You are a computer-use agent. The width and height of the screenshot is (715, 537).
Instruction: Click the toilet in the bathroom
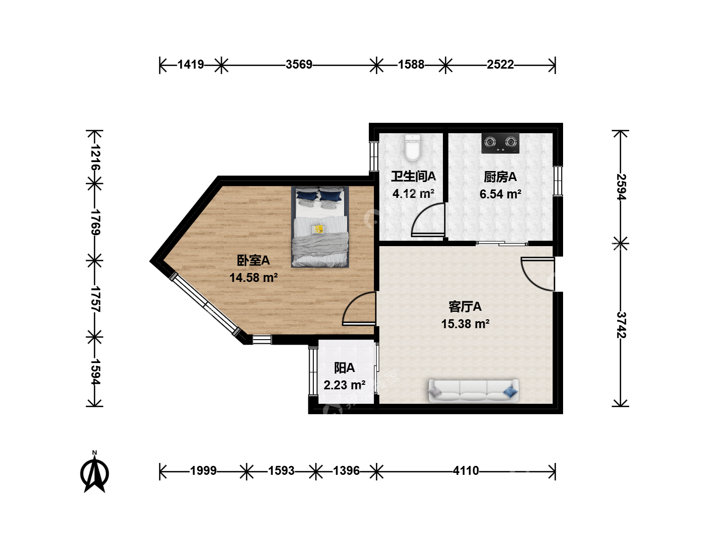point(413,148)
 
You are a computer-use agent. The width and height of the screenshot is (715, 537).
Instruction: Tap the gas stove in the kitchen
point(500,143)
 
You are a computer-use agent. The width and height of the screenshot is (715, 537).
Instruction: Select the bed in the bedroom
point(320,227)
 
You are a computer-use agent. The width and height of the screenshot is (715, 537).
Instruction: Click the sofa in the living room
point(473,390)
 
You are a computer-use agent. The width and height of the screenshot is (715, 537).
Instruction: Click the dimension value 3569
point(299,65)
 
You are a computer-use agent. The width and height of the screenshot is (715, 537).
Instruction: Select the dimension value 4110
point(466,471)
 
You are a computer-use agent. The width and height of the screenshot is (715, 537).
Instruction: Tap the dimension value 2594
point(621,187)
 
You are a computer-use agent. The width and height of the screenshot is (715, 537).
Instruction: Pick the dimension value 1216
point(95,158)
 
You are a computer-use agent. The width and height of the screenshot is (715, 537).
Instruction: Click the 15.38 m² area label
point(465,324)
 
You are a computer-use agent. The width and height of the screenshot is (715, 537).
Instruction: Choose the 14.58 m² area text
point(253,278)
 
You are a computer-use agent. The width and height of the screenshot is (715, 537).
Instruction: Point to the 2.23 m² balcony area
point(344,385)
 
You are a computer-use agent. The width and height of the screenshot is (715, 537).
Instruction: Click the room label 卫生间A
point(414,177)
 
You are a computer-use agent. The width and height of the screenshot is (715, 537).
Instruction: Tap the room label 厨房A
point(500,177)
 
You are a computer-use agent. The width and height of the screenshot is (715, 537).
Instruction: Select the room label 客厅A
point(465,306)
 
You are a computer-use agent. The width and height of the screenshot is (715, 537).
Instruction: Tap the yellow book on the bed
point(318,229)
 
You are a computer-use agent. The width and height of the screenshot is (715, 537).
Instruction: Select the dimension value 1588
point(411,65)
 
